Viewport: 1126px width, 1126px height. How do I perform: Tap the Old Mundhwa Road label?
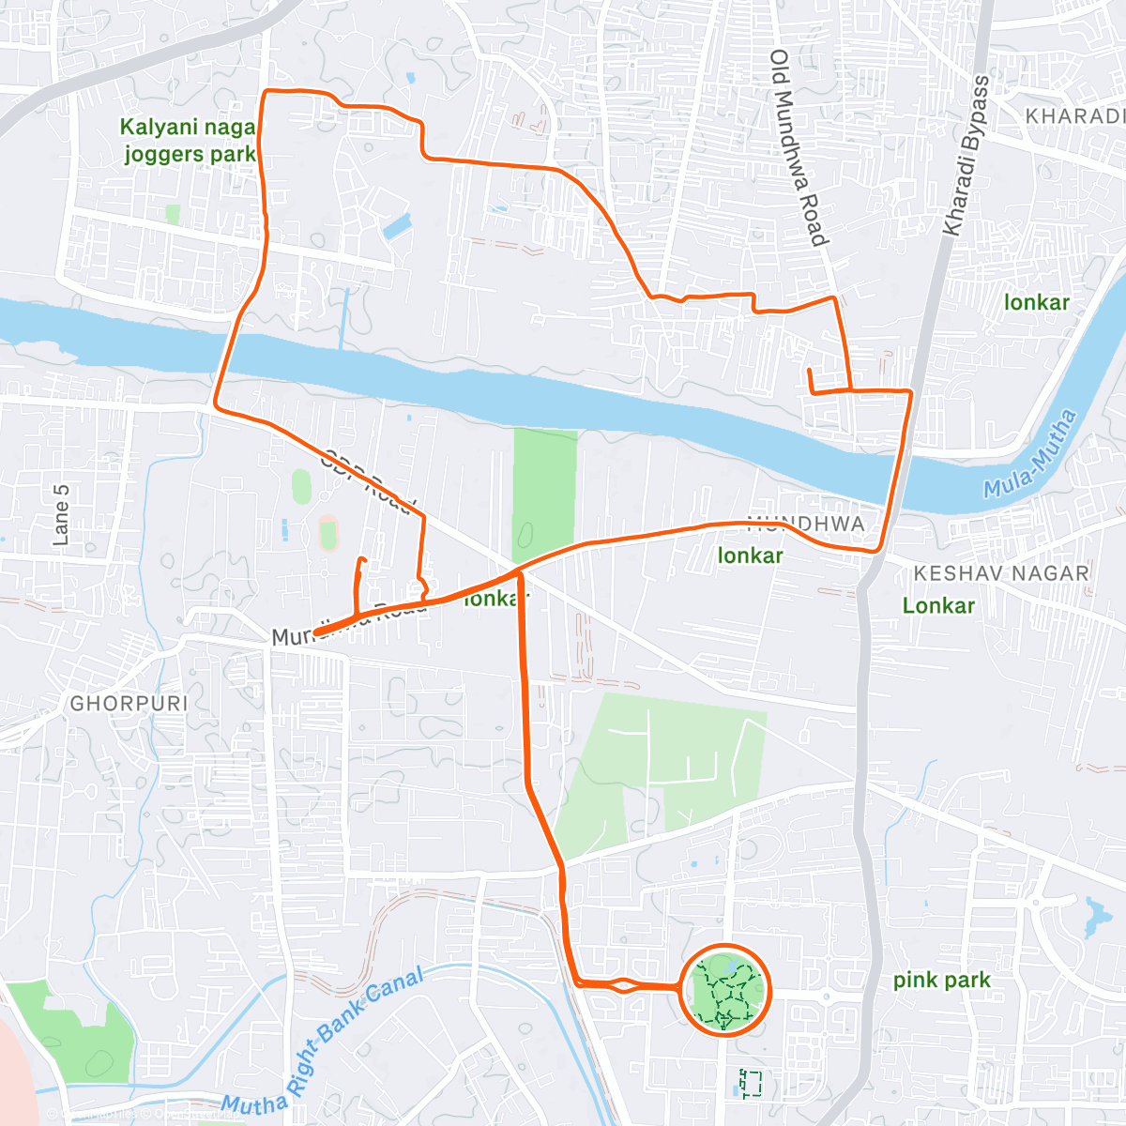[x=799, y=147]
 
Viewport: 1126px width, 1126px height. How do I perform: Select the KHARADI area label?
[x=1074, y=116]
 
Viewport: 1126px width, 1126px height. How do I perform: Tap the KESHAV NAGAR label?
[x=1002, y=573]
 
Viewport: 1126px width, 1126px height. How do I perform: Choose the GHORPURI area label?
[x=129, y=703]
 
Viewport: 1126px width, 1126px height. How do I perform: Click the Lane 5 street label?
[x=61, y=515]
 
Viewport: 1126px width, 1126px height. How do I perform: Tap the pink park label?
[x=941, y=981]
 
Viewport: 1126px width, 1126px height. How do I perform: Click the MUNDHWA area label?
[x=806, y=524]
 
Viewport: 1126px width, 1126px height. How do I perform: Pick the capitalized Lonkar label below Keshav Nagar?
[x=938, y=605]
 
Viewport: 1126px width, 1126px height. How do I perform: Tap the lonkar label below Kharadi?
[x=1036, y=302]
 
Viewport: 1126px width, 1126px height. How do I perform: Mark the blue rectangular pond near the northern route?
[x=397, y=226]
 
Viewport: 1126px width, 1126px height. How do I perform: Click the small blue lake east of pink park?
[x=1093, y=917]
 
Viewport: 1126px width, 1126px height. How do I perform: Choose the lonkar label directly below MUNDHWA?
[x=750, y=555]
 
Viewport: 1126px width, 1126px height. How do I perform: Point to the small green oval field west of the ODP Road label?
[x=301, y=486]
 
